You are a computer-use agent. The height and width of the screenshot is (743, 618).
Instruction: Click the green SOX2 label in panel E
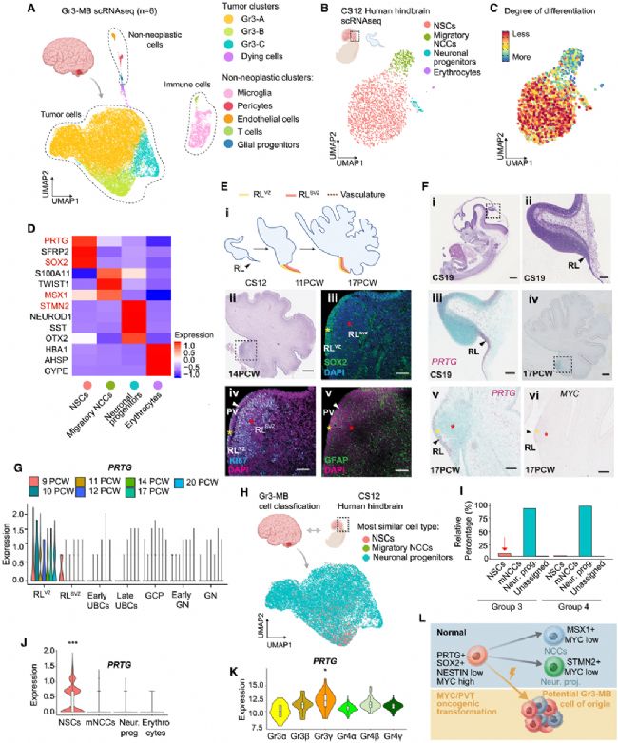[337, 364]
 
